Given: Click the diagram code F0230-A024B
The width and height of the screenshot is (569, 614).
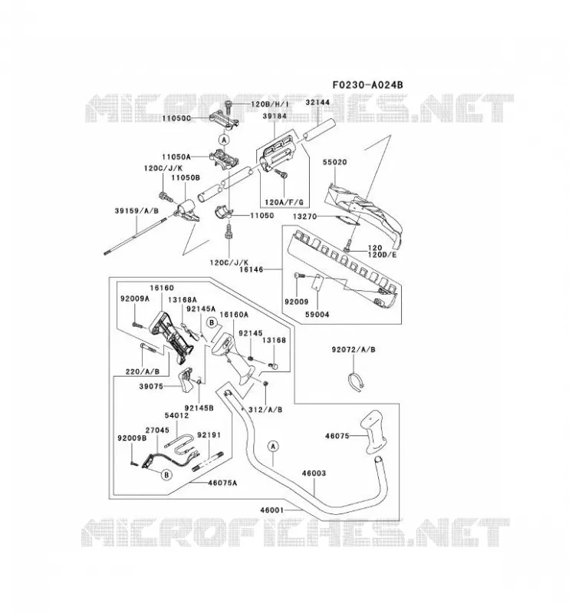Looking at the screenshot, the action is (x=367, y=84).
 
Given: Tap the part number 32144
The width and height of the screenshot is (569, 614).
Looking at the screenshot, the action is (x=317, y=102).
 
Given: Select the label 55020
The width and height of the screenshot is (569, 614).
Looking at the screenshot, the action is (x=334, y=162).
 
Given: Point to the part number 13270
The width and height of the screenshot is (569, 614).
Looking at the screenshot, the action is (x=304, y=216).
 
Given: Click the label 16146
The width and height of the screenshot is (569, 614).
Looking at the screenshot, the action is (x=251, y=269).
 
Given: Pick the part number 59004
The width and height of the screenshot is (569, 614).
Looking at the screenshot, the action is (x=317, y=314).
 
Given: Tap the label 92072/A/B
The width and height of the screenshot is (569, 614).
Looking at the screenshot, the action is (x=354, y=349).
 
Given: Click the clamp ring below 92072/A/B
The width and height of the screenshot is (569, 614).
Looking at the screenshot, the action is (x=355, y=382).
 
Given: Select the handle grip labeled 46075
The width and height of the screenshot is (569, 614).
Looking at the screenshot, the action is (x=374, y=432).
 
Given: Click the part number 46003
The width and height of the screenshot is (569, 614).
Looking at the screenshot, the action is (x=314, y=473).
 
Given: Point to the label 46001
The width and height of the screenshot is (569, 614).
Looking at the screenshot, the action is (x=272, y=510).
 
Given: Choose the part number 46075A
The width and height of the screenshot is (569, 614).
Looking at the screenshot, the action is (x=222, y=483).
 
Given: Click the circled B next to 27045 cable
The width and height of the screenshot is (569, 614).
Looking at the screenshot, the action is (x=166, y=474).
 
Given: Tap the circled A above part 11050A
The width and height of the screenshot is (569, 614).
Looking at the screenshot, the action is (x=224, y=140).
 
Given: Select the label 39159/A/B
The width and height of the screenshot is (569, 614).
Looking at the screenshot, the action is (x=136, y=210).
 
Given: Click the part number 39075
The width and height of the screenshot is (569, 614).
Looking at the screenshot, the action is (x=151, y=386).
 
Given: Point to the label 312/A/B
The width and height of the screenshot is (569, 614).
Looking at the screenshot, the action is (x=265, y=410).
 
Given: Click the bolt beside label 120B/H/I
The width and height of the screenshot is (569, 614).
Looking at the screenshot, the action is (x=229, y=107).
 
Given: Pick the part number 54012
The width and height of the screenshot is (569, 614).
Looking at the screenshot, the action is (x=176, y=415).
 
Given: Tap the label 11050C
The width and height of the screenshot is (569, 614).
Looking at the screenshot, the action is (x=176, y=118).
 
